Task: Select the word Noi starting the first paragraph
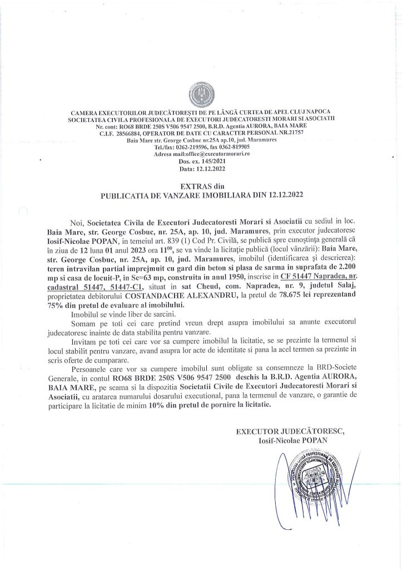pos(78,222)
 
